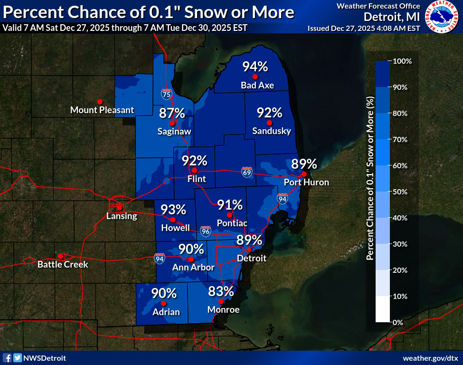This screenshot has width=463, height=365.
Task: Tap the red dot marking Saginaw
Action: [172, 123]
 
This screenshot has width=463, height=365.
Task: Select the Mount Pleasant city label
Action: [102, 110]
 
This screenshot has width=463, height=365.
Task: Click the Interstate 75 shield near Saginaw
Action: [166, 94]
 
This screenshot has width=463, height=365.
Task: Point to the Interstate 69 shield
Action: [246, 172]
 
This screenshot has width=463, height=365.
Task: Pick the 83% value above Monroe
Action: [221, 291]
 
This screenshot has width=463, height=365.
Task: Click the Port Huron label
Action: [306, 182]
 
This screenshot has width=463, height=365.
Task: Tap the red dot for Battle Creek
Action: [60, 256]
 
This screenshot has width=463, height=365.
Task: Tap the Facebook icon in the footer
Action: [8, 358]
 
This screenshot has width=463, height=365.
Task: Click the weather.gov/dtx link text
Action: [430, 358]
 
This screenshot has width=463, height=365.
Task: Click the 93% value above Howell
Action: [173, 210]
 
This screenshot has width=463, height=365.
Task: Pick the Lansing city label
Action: [122, 216]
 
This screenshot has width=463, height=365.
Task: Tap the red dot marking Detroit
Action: [248, 250]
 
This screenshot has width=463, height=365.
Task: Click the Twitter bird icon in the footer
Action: [17, 358]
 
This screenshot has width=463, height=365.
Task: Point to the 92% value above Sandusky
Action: [269, 113]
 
